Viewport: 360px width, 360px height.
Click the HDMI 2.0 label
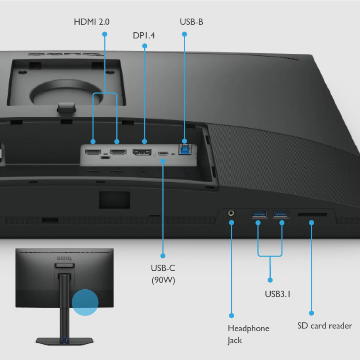91,21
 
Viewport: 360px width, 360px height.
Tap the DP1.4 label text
144,36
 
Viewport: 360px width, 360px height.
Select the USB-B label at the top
191,21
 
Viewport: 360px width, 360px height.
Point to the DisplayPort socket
142,153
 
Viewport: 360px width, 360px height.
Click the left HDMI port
93,152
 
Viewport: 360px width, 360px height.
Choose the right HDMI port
118,152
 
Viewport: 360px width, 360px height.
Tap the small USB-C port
163,154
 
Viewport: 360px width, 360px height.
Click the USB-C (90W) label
163,274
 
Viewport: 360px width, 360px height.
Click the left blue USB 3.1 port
259,213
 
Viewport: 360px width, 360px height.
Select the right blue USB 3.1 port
280,213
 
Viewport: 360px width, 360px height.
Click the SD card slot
312,215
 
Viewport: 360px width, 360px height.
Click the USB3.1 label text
278,294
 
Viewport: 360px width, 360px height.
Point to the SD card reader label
325,326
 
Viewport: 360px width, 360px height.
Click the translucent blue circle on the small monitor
85,302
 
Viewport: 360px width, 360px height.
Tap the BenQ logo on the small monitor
64,258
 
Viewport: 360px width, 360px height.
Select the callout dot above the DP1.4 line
145,46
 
